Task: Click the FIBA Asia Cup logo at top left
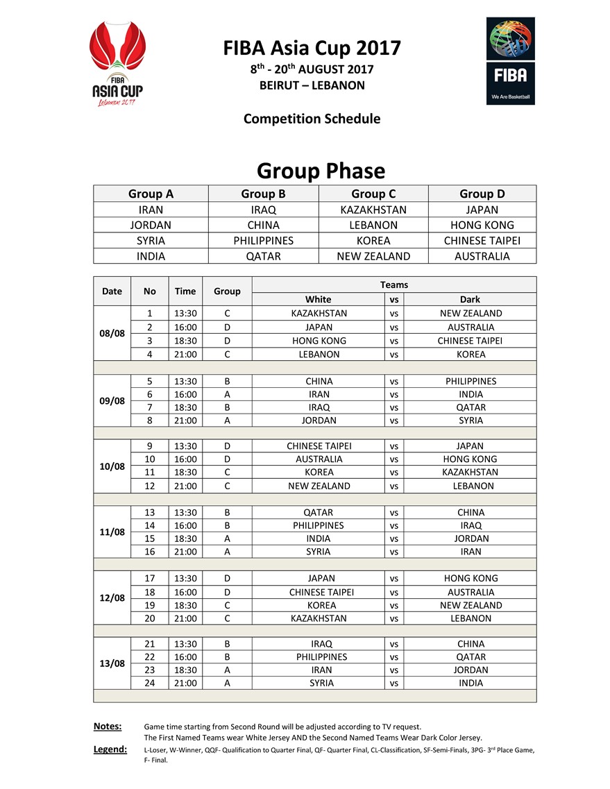point(117,63)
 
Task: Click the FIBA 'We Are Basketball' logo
point(510,61)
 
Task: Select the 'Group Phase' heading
point(321,171)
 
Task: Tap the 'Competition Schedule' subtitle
point(312,119)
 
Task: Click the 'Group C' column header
point(373,194)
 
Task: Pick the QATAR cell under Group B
point(264,256)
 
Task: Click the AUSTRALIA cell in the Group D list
point(482,256)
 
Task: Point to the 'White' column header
point(319,299)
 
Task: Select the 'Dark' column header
point(470,299)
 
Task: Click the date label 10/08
point(112,466)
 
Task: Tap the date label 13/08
point(112,663)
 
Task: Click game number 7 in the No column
point(149,407)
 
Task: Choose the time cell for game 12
point(185,486)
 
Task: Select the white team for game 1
point(319,313)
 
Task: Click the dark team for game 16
point(470,552)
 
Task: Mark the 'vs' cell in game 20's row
point(394,618)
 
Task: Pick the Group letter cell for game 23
point(227,670)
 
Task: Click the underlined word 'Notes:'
point(108,727)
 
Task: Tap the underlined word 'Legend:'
point(110,749)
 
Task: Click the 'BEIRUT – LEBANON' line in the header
point(312,86)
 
